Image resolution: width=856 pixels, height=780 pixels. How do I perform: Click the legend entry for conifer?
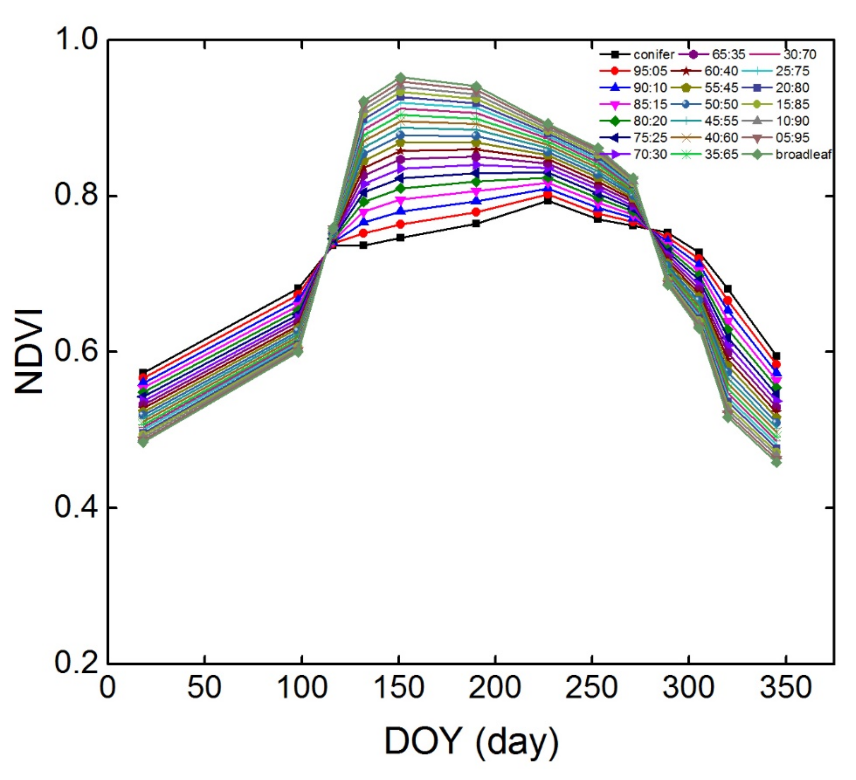click(654, 55)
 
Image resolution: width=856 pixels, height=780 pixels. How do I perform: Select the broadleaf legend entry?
click(802, 155)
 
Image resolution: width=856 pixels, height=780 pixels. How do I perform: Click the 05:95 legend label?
click(792, 138)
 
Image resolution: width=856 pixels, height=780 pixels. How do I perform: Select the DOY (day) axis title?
click(471, 741)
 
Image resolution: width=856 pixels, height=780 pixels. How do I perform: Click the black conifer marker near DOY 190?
click(476, 224)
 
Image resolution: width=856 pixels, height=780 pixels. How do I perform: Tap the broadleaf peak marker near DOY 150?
click(400, 78)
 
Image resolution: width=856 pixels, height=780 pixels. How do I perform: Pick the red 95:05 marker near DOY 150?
click(400, 224)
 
